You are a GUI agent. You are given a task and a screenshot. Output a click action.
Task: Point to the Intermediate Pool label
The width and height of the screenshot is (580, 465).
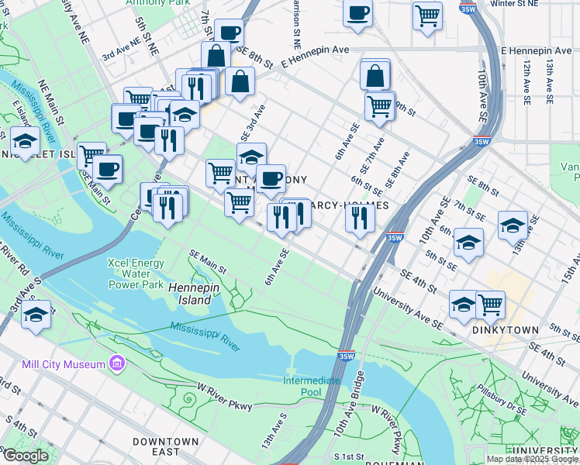point(311,386)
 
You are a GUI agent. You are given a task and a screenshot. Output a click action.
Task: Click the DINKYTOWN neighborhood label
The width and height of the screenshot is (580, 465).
point(505,329)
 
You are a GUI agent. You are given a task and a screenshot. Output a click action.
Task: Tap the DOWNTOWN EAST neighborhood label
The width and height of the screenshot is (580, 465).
point(166,446)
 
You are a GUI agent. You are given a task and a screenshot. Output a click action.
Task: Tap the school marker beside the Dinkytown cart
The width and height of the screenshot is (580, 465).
point(464,304)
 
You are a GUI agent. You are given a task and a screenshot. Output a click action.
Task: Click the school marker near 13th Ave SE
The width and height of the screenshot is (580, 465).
point(513,225)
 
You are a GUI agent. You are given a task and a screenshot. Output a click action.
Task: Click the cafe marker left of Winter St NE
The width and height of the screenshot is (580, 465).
point(357,12)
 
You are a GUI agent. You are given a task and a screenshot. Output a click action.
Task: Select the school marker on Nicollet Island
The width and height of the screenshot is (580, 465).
point(25,142)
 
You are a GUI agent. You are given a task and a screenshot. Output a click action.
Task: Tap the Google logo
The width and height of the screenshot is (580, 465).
point(25,456)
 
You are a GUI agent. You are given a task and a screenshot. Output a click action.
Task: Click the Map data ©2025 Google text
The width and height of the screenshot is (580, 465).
point(531,459)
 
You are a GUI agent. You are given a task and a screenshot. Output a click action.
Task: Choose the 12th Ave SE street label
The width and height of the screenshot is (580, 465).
point(526,82)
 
